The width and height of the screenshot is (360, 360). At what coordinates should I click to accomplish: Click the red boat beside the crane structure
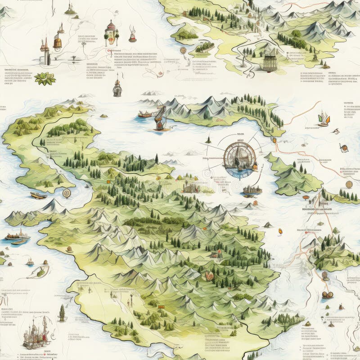point(144,115)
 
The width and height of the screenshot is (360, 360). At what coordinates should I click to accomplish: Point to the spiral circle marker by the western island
point(67,193)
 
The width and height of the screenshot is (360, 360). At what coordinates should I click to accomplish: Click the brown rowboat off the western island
point(38,195)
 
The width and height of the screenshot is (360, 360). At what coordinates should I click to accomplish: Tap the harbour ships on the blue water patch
point(16,237)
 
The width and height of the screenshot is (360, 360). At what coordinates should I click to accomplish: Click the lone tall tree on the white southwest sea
point(62,312)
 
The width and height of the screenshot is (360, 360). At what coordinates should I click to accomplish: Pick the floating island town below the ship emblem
point(252,191)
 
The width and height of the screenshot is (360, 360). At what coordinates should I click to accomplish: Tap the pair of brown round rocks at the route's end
point(327,295)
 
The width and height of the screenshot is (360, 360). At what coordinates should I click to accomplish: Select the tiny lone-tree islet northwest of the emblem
point(208,140)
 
